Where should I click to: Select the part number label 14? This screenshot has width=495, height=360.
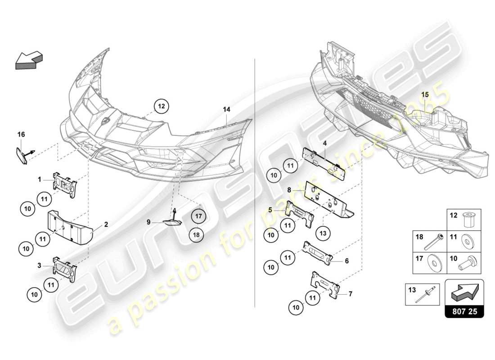click(x=226, y=109)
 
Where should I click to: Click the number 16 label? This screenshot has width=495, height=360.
click(x=21, y=134)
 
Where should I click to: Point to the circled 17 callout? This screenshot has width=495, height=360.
click(x=198, y=216)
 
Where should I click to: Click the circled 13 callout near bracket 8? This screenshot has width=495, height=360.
click(x=324, y=234)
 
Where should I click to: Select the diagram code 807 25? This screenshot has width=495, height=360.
click(x=464, y=311)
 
